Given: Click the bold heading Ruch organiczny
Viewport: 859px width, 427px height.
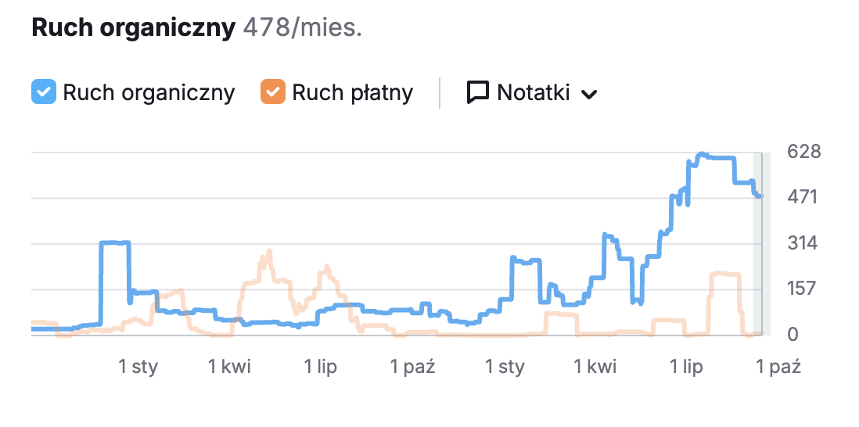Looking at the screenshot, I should pyautogui.click(x=133, y=28).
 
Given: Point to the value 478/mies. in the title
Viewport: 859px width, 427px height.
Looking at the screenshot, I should pyautogui.click(x=303, y=28).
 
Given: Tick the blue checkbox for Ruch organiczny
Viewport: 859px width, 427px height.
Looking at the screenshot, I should pyautogui.click(x=44, y=92).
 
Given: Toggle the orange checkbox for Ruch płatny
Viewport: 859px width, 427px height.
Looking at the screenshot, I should pyautogui.click(x=273, y=92).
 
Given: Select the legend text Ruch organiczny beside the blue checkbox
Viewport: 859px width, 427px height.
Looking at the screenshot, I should pyautogui.click(x=149, y=92).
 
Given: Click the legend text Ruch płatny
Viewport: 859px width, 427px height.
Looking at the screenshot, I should pyautogui.click(x=352, y=92).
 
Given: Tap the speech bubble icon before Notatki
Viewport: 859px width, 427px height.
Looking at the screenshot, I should pyautogui.click(x=477, y=92).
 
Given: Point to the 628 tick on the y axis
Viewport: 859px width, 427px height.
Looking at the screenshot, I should pyautogui.click(x=803, y=151).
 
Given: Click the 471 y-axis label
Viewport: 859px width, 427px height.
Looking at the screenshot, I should pyautogui.click(x=803, y=197).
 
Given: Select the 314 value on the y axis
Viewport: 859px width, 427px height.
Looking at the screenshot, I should pyautogui.click(x=803, y=243).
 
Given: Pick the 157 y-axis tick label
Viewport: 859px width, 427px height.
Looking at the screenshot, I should pyautogui.click(x=803, y=289).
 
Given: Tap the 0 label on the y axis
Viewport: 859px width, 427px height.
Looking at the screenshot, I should pyautogui.click(x=792, y=335).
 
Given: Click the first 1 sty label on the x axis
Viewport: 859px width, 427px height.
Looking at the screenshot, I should pyautogui.click(x=138, y=366).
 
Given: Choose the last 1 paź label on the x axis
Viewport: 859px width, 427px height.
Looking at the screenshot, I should pyautogui.click(x=778, y=366).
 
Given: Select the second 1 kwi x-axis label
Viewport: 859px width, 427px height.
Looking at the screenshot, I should pyautogui.click(x=595, y=366).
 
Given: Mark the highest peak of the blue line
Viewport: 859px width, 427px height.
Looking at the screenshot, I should pyautogui.click(x=702, y=154).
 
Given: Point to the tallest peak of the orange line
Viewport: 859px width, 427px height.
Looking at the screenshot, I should pyautogui.click(x=269, y=252).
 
